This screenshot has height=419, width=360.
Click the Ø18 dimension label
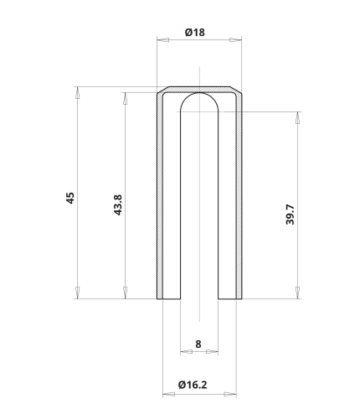coord(195,33)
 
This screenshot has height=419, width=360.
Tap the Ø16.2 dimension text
coord(193,385)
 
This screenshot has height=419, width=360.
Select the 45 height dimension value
coord(70,198)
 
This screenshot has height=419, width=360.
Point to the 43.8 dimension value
coord(118,205)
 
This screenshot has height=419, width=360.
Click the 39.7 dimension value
coord(290,215)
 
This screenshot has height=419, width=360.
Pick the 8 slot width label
coord(198,344)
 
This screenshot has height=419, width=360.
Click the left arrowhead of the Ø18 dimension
coord(163,40)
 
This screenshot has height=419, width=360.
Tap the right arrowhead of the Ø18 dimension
coord(235,40)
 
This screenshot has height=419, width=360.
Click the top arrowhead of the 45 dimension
coord(78,93)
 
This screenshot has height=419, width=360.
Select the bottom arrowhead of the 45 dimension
coord(78,292)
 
